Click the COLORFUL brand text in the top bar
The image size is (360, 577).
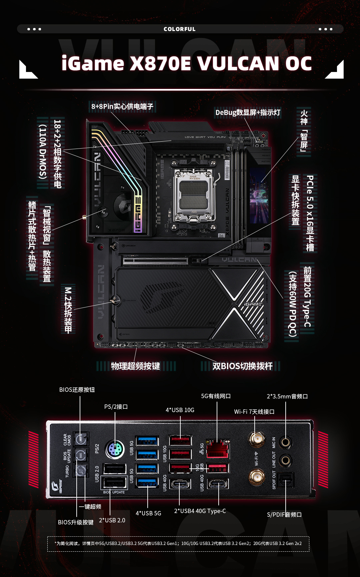point(179,29)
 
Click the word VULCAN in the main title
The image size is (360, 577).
point(238,63)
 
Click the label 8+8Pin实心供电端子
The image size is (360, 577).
point(122,106)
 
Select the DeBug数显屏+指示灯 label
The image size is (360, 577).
point(248,112)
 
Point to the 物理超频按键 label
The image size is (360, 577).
point(135,366)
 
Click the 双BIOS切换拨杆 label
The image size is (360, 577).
point(242,366)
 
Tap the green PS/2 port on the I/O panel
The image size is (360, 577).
point(115,450)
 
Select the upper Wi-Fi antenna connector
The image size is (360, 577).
point(257,439)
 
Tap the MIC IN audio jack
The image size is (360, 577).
point(285,442)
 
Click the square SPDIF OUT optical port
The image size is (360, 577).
point(286,480)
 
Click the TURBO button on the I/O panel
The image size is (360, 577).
point(81,471)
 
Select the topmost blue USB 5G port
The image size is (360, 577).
point(147,440)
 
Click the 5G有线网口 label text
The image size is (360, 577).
point(216,396)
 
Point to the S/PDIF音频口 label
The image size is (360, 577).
point(284,515)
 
